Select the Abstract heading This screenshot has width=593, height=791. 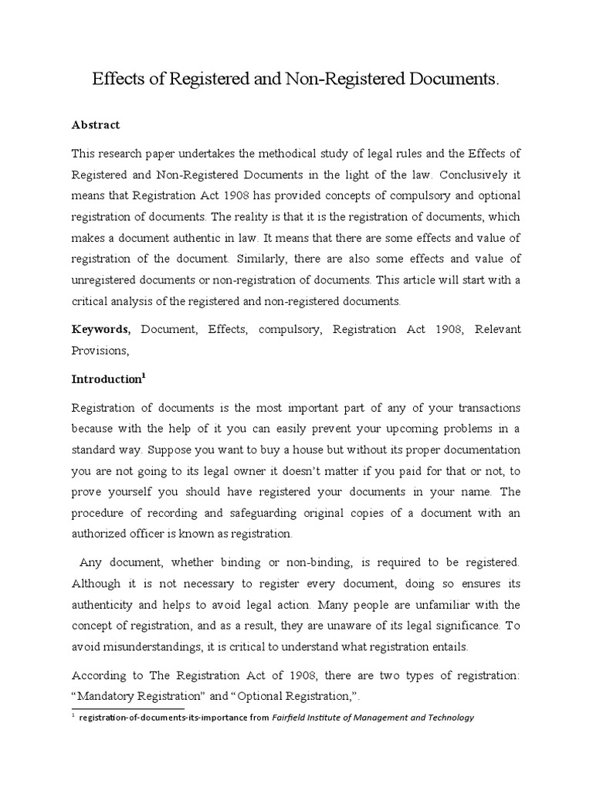point(96,124)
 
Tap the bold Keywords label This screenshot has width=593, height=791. point(101,329)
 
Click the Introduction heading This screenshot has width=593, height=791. point(106,380)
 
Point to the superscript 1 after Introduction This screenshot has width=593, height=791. point(144,375)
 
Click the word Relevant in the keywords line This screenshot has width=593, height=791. point(497,329)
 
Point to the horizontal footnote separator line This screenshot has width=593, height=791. point(127,708)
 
